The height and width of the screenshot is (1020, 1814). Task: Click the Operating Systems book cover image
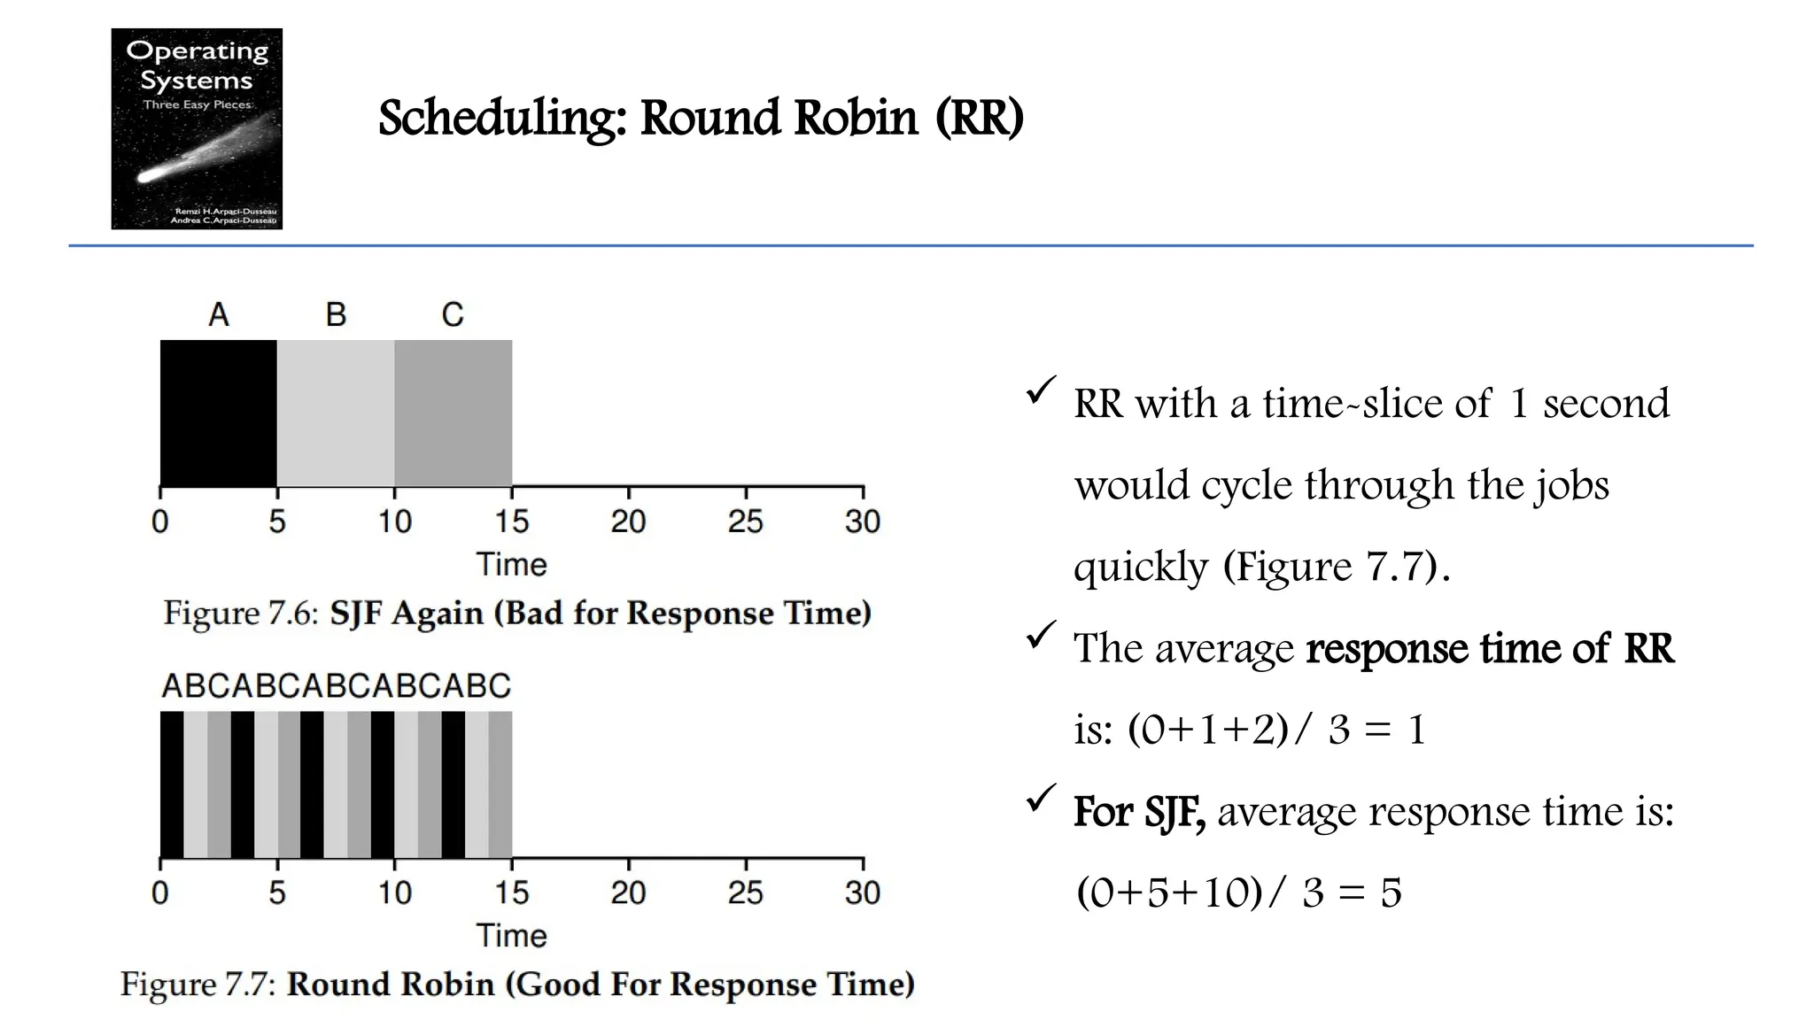tap(197, 128)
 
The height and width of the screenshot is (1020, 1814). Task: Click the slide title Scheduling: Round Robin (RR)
tap(700, 118)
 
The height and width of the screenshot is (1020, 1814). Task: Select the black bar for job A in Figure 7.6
tap(218, 413)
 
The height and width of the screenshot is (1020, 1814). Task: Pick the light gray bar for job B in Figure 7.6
tap(336, 413)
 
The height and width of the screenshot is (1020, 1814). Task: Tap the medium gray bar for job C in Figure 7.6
tap(453, 413)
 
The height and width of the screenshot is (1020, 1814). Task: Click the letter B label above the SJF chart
tap(336, 314)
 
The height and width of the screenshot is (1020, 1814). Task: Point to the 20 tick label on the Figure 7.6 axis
tap(628, 522)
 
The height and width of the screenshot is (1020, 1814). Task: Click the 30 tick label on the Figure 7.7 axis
tap(862, 892)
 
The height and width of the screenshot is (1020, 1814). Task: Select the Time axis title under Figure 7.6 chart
tap(511, 564)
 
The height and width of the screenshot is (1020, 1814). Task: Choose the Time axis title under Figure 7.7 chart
tap(511, 935)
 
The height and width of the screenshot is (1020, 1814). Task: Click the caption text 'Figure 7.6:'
tap(240, 613)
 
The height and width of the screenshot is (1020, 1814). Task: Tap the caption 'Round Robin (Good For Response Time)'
tap(600, 984)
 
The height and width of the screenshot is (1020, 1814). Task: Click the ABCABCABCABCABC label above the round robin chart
tap(336, 686)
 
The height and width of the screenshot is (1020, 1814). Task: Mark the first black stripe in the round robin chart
tap(172, 784)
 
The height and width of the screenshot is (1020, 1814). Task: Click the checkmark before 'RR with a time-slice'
tap(1040, 390)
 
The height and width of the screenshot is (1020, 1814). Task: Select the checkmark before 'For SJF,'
tap(1040, 798)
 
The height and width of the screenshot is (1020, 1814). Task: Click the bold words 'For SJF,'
tap(1139, 811)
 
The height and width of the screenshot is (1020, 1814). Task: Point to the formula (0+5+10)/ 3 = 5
tap(1238, 892)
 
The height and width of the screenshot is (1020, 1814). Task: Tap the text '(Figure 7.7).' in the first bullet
tap(1336, 567)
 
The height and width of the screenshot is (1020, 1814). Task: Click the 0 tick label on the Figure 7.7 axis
tap(160, 892)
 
